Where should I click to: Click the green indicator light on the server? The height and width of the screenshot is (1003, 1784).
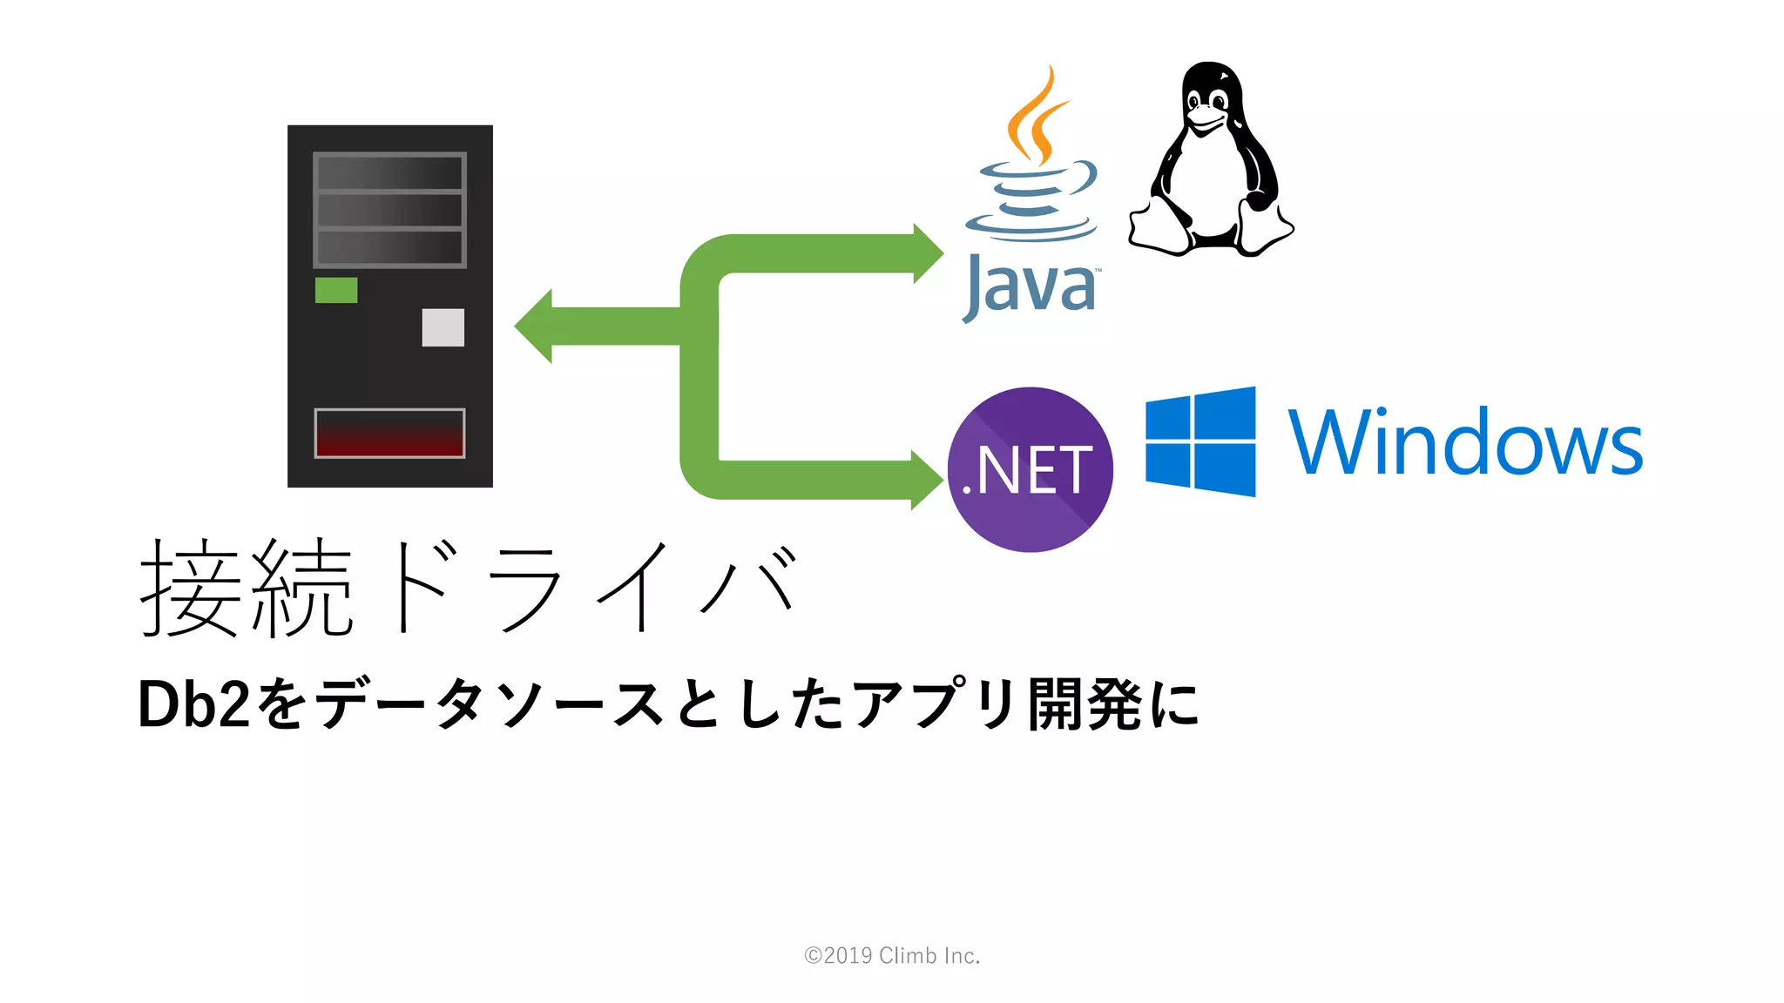336,290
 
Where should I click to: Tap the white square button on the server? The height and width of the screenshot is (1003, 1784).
443,327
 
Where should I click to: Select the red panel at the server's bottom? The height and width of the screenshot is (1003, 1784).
389,433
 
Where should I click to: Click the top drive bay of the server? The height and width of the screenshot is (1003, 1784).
389,172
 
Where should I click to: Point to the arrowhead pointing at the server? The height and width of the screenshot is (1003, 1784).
534,326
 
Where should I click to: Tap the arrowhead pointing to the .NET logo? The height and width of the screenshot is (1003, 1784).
926,480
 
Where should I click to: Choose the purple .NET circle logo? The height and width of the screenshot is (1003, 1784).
1030,469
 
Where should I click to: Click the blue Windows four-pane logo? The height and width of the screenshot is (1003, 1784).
1200,441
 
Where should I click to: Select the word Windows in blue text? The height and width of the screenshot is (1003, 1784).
1465,443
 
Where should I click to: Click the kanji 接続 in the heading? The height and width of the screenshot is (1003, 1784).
247,588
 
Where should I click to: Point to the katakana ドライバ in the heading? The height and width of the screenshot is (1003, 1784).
592,588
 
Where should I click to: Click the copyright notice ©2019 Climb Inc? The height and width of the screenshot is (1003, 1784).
892,956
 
